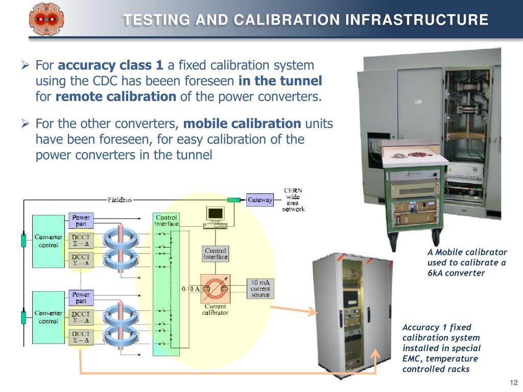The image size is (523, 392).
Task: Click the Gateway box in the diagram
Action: (260, 200)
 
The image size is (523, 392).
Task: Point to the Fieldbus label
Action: (120, 200)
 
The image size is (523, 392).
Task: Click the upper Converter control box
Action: (49, 241)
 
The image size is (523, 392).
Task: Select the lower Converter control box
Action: (49, 317)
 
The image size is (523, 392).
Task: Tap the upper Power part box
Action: (80, 219)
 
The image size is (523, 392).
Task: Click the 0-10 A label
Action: (191, 289)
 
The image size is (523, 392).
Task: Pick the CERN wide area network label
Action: (294, 200)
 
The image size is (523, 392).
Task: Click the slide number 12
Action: (514, 383)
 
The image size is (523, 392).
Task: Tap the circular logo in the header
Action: (42, 19)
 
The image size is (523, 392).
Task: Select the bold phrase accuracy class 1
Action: (111, 65)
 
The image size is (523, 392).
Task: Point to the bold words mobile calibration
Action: (242, 124)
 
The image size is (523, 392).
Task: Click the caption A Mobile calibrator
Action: (467, 252)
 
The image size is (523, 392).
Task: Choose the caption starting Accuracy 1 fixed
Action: (436, 327)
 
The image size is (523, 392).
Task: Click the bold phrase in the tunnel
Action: (280, 81)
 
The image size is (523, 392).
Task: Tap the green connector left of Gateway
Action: (234, 200)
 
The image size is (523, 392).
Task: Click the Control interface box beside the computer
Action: (216, 254)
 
